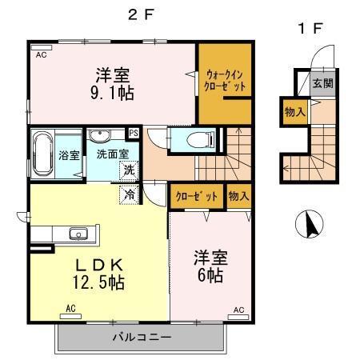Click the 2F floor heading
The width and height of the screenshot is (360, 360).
[140, 14]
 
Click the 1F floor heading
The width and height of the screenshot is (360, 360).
[310, 29]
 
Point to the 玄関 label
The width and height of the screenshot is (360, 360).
[323, 83]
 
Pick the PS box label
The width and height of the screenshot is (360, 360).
[134, 134]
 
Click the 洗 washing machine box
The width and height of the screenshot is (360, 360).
[128, 169]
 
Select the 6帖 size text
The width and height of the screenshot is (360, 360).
[210, 274]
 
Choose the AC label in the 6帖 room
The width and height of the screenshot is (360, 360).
[238, 309]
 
